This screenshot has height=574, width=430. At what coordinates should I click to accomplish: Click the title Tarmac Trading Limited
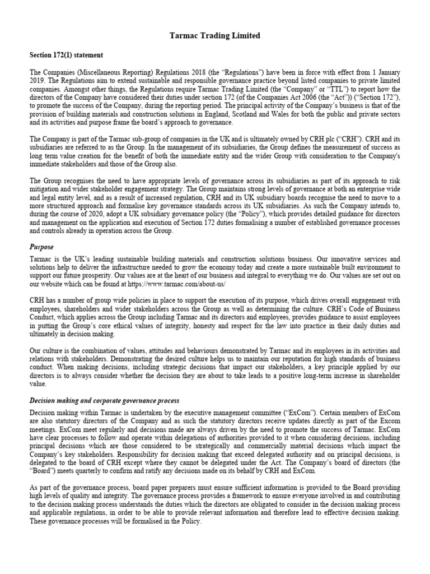[215, 35]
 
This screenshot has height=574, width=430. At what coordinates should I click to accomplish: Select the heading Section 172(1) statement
[66, 55]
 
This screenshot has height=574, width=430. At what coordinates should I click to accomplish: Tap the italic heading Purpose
[42, 246]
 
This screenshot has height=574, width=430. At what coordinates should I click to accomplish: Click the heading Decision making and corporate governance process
[104, 401]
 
